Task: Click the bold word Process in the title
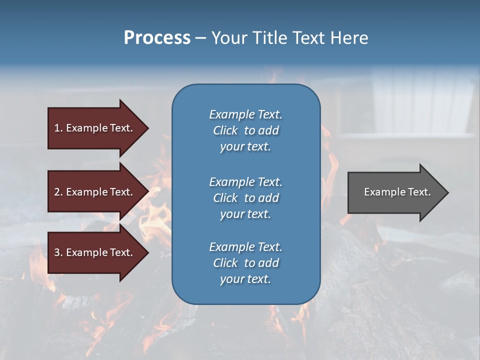pos(157,38)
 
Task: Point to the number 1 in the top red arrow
pos(57,128)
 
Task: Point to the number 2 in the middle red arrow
pos(57,192)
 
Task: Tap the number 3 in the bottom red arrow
pos(57,252)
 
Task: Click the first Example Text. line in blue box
pos(245,114)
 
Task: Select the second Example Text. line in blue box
pos(245,182)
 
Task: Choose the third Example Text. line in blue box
pos(245,247)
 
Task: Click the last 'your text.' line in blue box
pos(245,279)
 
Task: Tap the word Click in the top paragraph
pos(225,130)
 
